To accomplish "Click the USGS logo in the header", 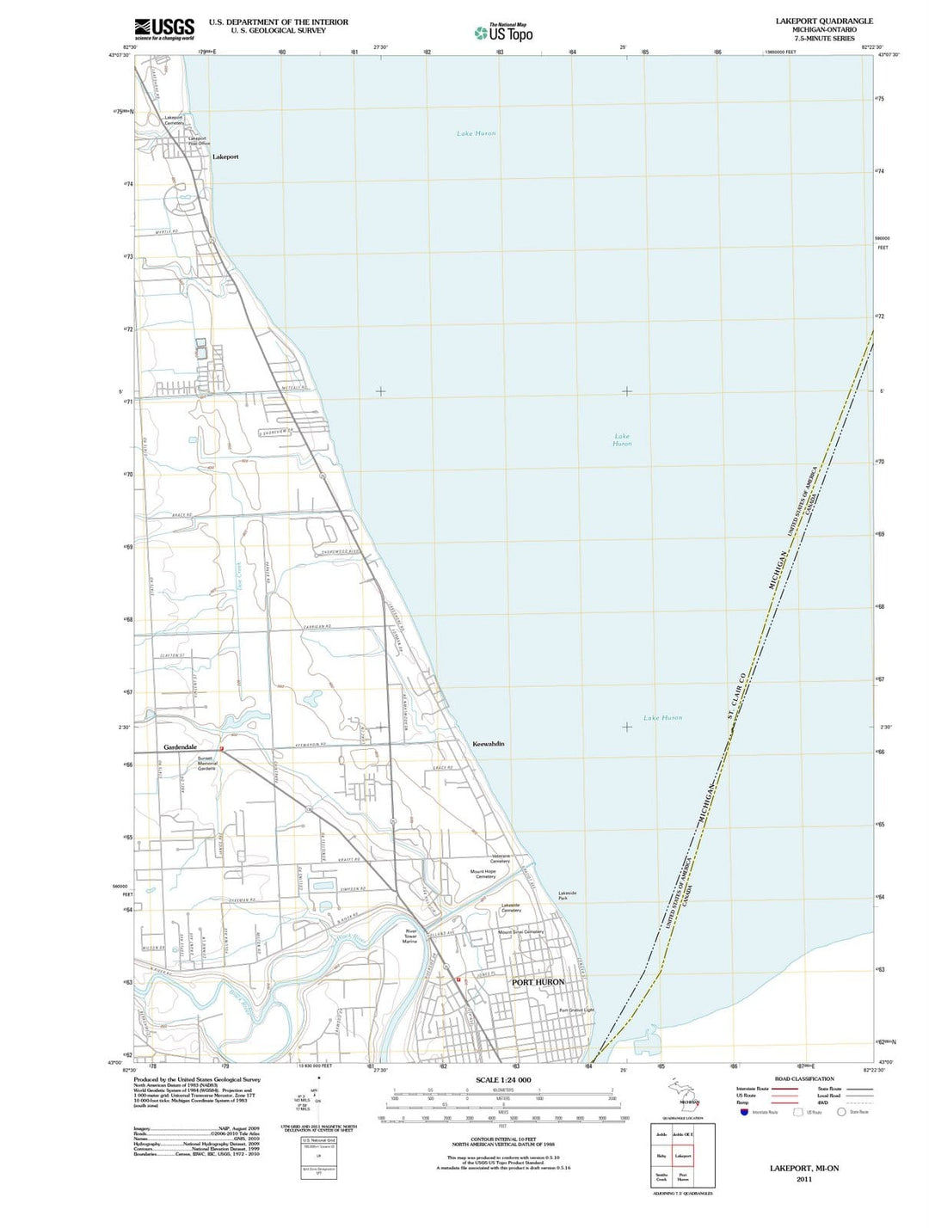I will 164,29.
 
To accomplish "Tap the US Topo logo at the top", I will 504,33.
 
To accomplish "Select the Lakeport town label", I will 225,157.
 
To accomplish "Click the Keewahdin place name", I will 489,743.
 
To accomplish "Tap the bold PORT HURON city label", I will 538,981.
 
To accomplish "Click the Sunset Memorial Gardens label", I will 207,763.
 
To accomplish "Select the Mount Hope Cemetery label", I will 483,874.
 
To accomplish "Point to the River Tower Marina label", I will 410,936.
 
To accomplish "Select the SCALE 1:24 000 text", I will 503,1080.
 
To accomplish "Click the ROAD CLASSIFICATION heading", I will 803,1078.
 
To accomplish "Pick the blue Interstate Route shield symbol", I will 744,1112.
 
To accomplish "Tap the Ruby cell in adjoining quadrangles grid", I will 661,1156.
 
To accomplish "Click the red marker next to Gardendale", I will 222,749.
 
